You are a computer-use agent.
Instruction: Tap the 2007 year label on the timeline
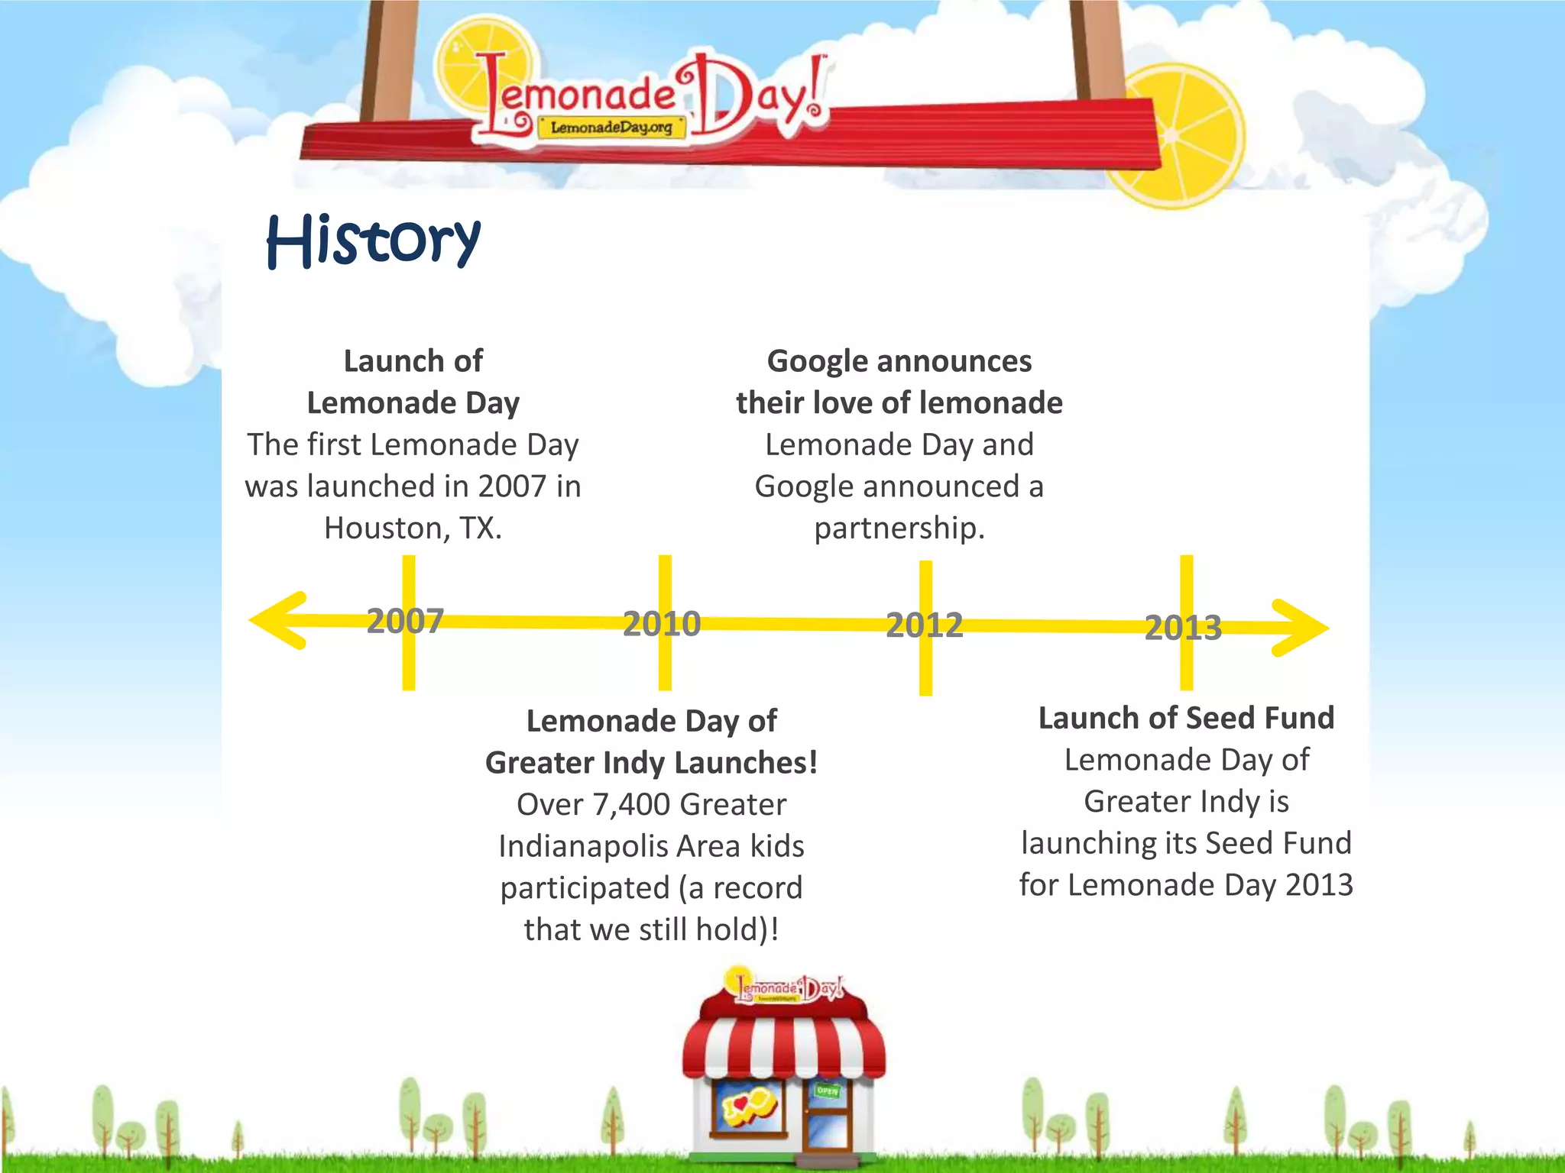[405, 621]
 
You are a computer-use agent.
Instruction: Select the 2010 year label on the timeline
[662, 624]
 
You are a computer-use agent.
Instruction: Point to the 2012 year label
[924, 625]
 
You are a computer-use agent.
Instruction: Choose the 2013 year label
[1183, 628]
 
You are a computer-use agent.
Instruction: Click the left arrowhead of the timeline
[279, 620]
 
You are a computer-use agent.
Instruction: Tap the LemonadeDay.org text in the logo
[611, 128]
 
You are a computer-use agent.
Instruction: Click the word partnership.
[899, 528]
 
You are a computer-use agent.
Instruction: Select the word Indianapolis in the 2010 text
[598, 847]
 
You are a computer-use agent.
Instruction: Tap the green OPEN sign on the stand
[828, 1091]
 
